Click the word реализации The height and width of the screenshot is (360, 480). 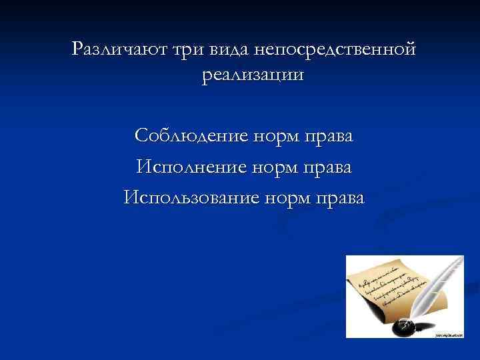(x=252, y=75)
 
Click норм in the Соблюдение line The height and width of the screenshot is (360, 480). (x=276, y=136)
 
